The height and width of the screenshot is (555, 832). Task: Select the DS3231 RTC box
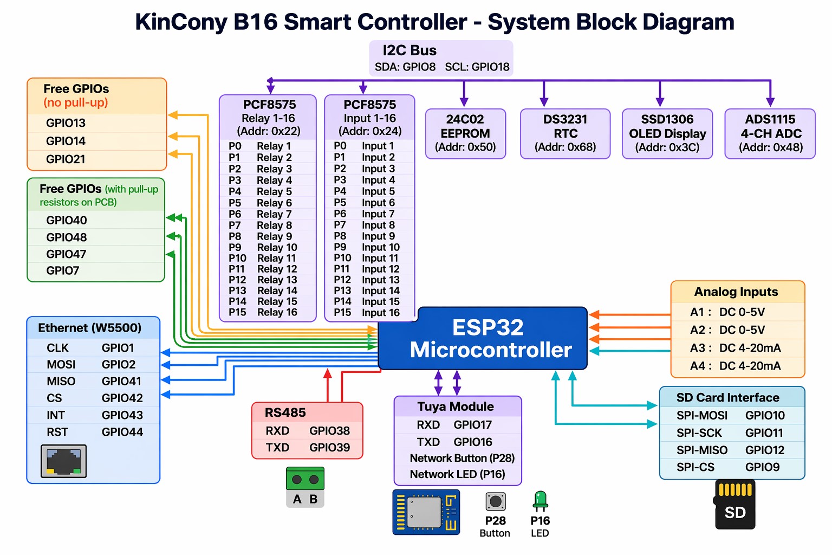(x=565, y=133)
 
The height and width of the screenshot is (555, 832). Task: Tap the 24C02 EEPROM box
(x=465, y=133)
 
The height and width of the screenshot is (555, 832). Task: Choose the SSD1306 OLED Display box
(x=667, y=133)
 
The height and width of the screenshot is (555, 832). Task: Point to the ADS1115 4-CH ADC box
(x=770, y=133)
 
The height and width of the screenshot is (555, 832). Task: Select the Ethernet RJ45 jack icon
(x=63, y=461)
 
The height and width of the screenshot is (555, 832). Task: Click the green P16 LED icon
(x=540, y=501)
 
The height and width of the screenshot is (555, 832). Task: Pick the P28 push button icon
(x=495, y=501)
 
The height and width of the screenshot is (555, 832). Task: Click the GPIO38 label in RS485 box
(x=329, y=431)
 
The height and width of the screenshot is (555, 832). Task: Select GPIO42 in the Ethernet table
(x=122, y=398)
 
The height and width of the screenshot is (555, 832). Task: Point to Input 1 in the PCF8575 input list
(x=378, y=146)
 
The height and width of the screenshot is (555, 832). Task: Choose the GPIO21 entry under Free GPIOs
(x=66, y=159)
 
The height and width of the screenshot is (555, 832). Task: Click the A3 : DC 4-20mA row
(x=735, y=348)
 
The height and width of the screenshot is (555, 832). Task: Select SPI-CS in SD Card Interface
(x=695, y=467)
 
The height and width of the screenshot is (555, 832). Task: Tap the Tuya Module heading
(x=456, y=406)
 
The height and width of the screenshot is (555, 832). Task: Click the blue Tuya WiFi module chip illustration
(x=426, y=512)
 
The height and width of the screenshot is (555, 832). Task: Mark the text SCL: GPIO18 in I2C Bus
(x=477, y=67)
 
